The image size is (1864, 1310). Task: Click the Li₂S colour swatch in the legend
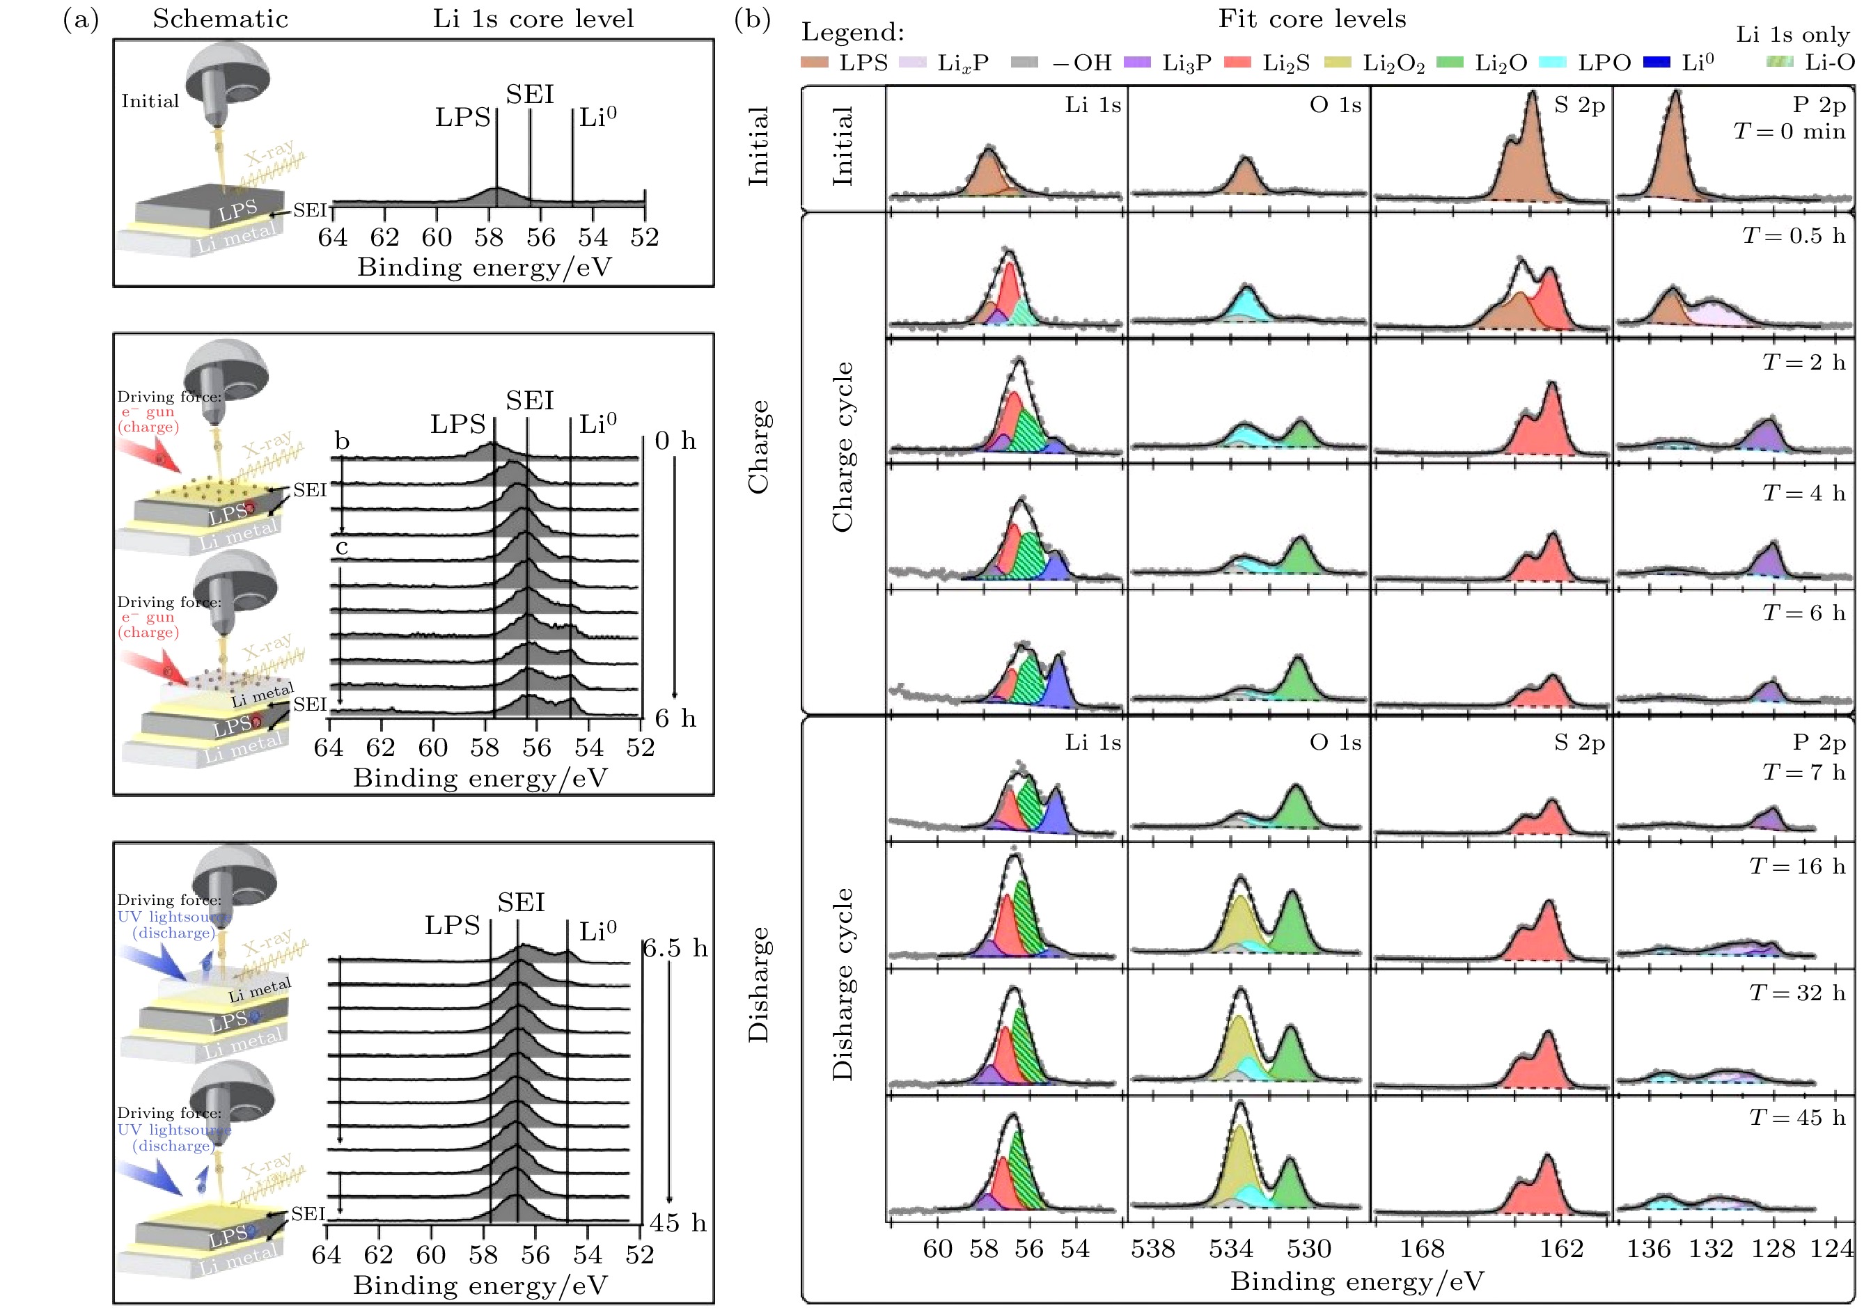(1237, 63)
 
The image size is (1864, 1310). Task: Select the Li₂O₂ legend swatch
(1337, 63)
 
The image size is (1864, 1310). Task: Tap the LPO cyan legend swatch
(1552, 63)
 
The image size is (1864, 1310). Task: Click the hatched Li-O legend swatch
(1780, 62)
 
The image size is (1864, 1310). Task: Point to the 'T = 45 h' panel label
(1796, 1118)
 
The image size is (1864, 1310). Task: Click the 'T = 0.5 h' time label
(1792, 235)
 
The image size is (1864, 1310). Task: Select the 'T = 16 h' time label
(1796, 866)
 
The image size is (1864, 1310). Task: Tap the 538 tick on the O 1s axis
(1153, 1247)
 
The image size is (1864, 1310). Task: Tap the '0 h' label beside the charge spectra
(675, 441)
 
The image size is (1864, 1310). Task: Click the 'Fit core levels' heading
(1312, 19)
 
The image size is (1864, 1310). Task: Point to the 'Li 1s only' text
(1792, 34)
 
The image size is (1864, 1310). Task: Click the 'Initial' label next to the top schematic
(150, 102)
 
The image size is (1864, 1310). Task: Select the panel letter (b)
(752, 19)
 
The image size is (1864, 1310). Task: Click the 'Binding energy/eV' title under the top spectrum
(484, 267)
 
